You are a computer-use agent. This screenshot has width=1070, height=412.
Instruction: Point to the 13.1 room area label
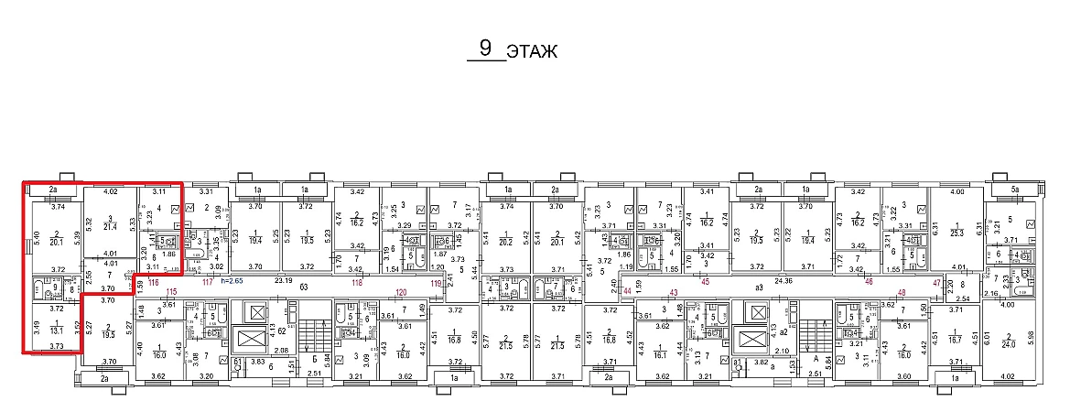pos(56,331)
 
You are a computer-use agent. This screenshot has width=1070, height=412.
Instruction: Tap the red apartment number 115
pos(171,291)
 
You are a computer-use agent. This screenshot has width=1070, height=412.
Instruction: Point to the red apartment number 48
pos(902,291)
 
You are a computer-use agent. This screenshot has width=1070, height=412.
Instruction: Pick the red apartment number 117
pos(207,282)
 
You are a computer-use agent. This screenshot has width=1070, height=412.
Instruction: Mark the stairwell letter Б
pos(313,360)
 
